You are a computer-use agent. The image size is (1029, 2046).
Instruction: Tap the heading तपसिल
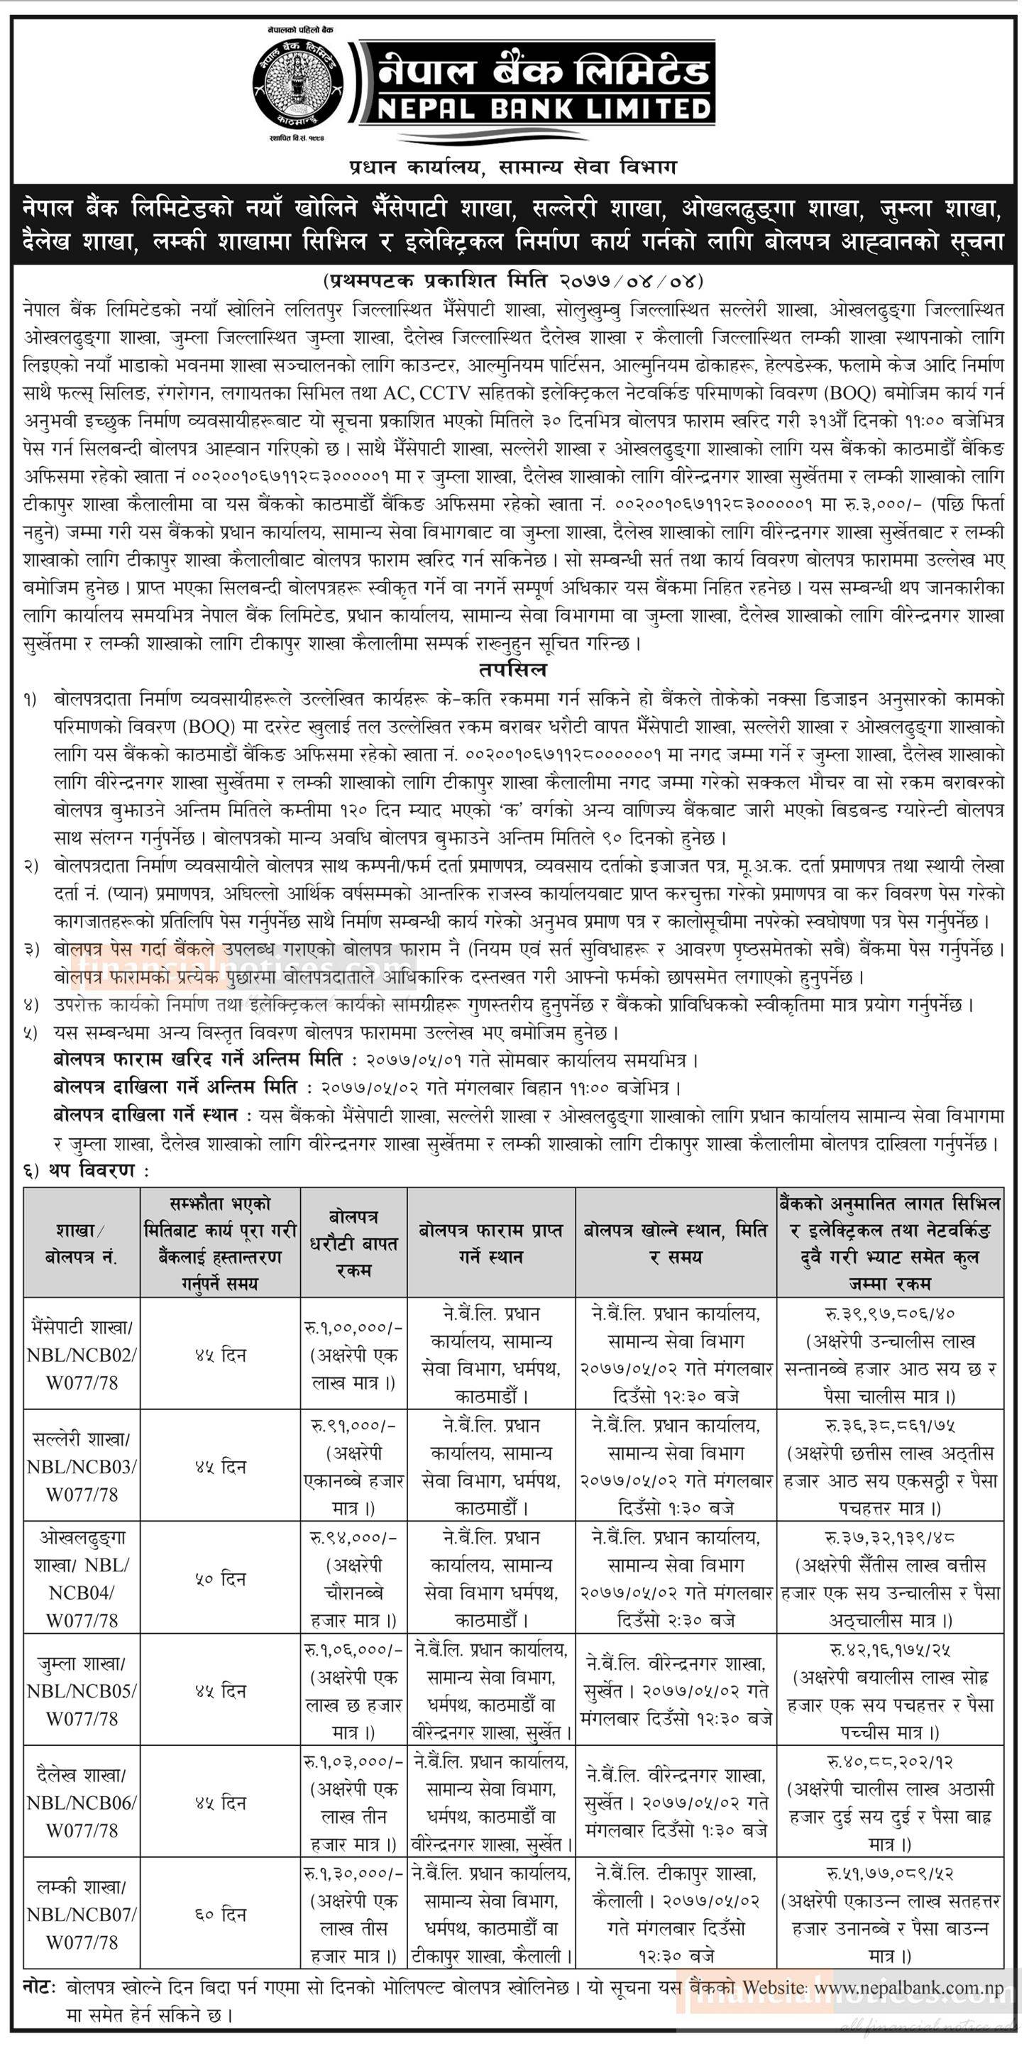[x=513, y=669]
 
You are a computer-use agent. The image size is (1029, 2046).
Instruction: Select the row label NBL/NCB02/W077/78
[x=82, y=1368]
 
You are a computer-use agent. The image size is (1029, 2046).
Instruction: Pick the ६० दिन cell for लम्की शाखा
[x=220, y=1915]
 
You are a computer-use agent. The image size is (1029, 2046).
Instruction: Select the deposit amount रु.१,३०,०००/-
[x=353, y=1874]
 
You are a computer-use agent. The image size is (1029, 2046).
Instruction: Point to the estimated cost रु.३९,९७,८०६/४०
[x=889, y=1314]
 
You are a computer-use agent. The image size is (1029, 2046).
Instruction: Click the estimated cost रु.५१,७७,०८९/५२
[x=889, y=1874]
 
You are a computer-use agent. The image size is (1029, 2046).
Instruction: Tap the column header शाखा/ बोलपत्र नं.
[x=82, y=1244]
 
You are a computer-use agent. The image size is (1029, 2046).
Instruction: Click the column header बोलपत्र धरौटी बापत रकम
[x=353, y=1244]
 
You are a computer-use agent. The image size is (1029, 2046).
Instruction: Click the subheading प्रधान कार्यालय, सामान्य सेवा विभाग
[x=513, y=167]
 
